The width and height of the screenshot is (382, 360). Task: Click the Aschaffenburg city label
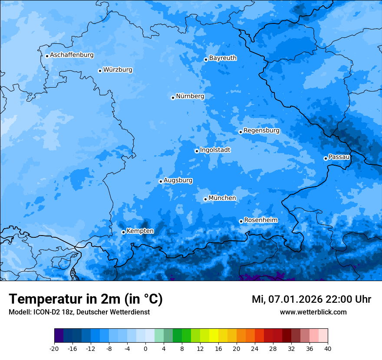[x=72, y=55]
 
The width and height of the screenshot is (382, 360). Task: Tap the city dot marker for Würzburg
[x=100, y=71]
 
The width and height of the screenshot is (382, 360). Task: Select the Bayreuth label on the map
[x=223, y=58]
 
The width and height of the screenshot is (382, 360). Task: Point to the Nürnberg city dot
[x=173, y=98]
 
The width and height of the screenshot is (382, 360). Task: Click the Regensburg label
[x=261, y=131]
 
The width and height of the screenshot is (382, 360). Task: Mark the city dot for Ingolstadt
[x=197, y=151]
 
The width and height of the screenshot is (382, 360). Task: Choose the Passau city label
[x=339, y=157]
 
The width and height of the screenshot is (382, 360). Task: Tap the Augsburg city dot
[x=161, y=181]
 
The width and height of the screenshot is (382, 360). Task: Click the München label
[x=222, y=198]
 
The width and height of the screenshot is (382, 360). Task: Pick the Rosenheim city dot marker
[x=241, y=221]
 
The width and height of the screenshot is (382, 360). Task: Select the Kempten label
[x=140, y=231]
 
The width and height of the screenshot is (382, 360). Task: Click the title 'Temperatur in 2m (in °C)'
[x=86, y=299]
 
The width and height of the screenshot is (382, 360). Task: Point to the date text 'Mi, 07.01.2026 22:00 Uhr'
[x=311, y=299]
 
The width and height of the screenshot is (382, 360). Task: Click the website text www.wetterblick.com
[x=313, y=312]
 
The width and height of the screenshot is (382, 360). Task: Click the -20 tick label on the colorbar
[x=54, y=349]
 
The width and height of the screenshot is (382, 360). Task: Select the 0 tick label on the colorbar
[x=145, y=349]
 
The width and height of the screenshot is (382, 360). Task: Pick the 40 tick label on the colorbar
[x=328, y=349]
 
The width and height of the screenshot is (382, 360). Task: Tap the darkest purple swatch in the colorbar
[x=59, y=336]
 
